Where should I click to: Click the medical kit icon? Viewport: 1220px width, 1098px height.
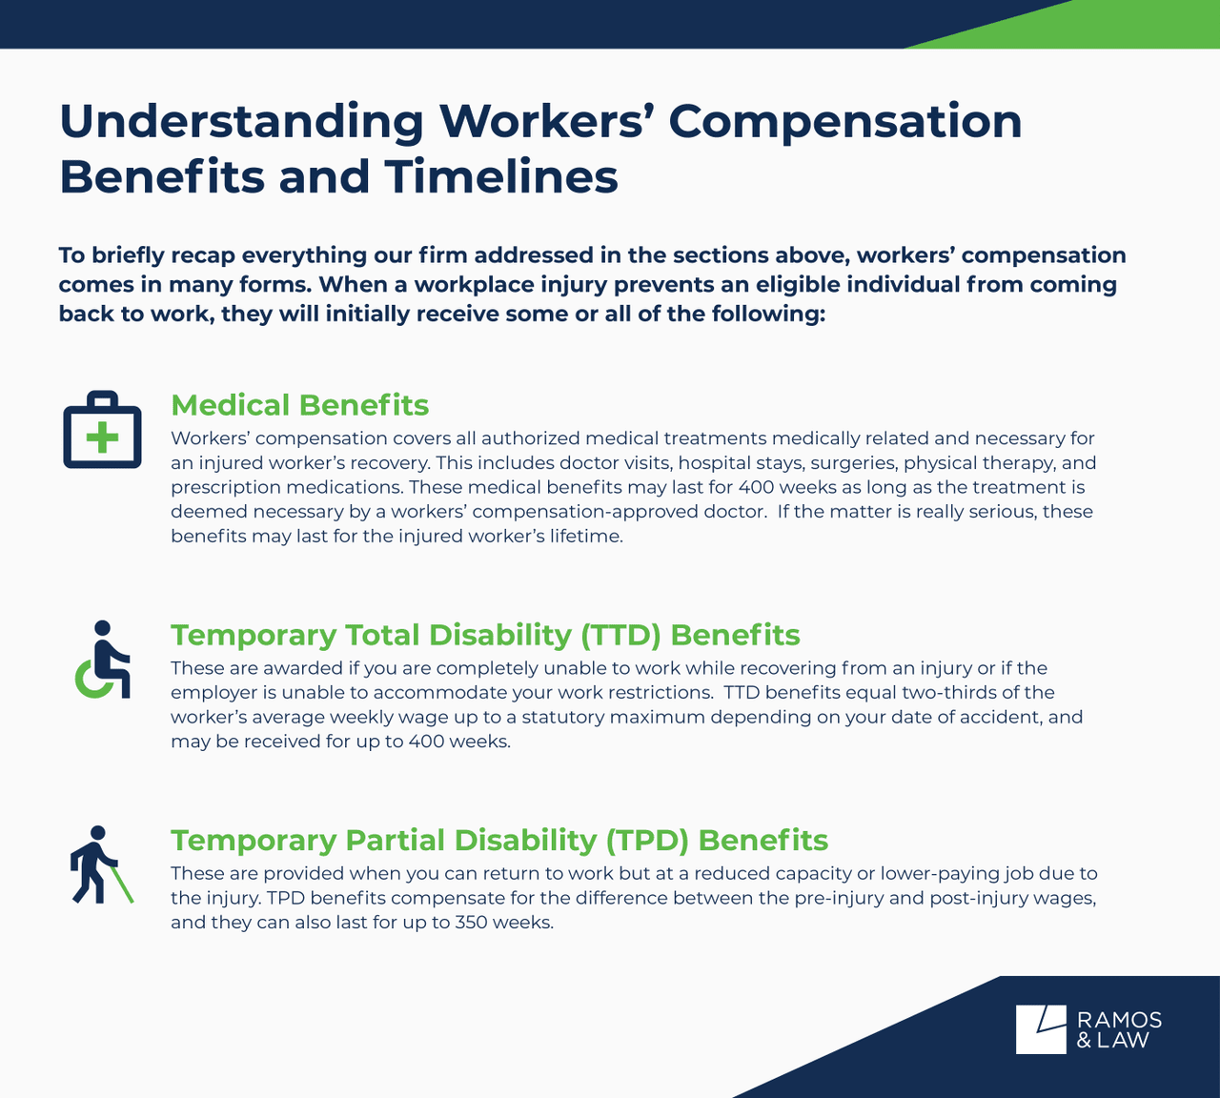(x=102, y=430)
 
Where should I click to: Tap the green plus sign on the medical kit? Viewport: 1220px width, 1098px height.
(x=102, y=437)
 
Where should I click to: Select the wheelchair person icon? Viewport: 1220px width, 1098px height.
(x=102, y=660)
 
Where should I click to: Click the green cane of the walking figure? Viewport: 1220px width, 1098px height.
(x=122, y=883)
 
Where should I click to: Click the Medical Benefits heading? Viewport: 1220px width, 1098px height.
(x=300, y=405)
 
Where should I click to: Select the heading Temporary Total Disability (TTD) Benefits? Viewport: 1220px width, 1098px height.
(x=485, y=635)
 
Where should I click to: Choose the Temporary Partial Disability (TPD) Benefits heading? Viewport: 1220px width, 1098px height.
(x=499, y=840)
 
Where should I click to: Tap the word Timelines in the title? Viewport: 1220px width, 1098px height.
(x=501, y=177)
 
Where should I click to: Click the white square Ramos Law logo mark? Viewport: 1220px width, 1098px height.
(x=1041, y=1029)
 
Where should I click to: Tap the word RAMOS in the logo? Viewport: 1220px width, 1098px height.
(x=1119, y=1020)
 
